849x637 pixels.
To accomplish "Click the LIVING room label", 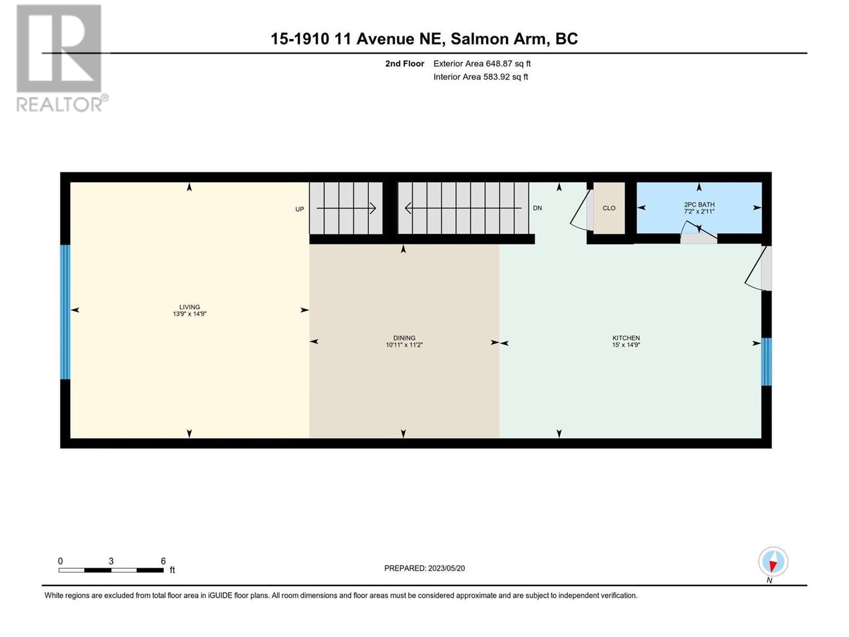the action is coord(189,307).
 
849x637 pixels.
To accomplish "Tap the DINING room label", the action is coord(404,338).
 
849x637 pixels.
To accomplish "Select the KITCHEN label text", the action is coord(626,338).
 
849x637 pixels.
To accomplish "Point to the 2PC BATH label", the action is coord(699,204).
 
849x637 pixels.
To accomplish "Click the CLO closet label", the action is coord(609,208).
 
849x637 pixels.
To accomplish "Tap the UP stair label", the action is coord(300,209).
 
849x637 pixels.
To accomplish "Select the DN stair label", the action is coord(537,208).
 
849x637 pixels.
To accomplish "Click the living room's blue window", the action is coord(65,312).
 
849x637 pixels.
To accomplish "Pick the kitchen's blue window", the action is coord(766,361).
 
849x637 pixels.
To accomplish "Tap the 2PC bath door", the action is coord(698,232).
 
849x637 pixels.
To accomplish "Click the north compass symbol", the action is coord(773,562).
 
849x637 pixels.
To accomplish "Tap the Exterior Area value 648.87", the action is coord(499,63).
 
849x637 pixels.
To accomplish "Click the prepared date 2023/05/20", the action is coord(446,568).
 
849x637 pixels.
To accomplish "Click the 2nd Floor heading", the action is coord(404,63).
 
